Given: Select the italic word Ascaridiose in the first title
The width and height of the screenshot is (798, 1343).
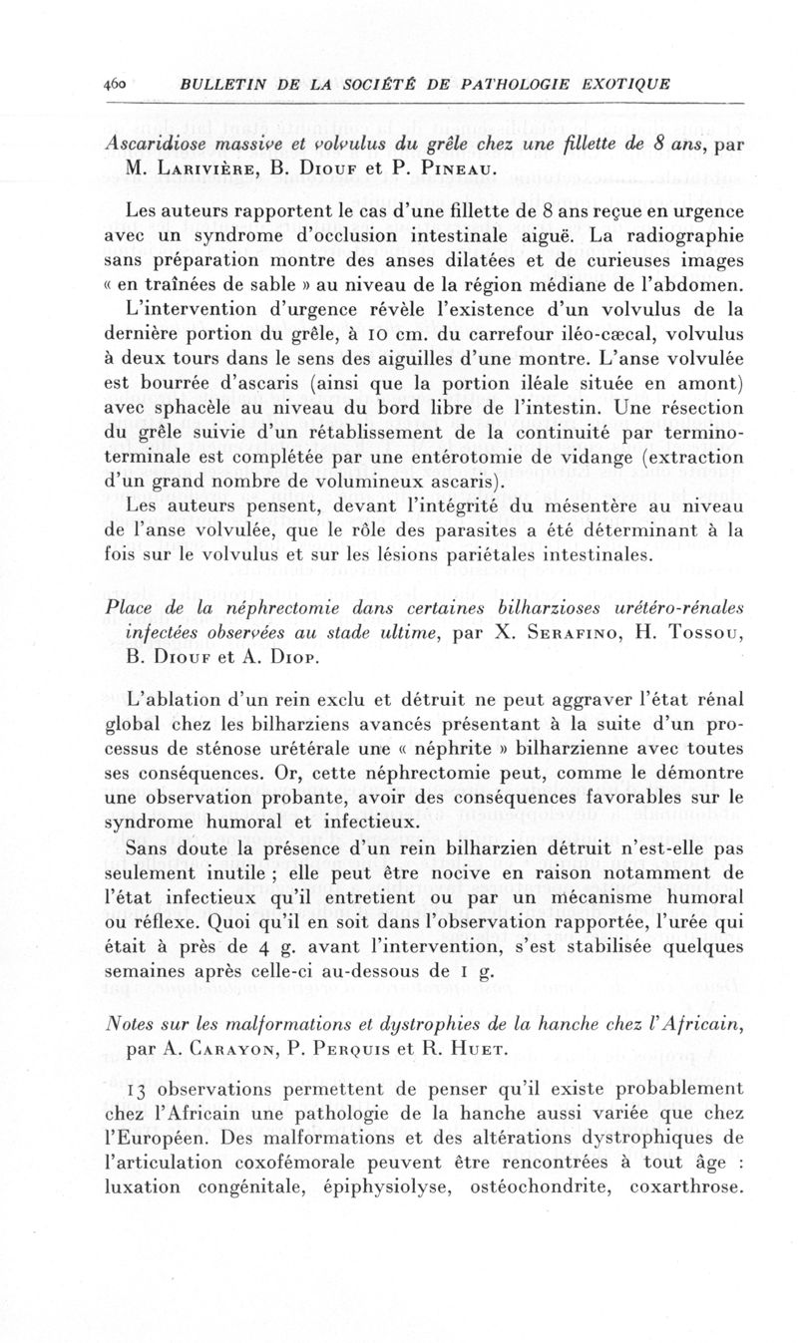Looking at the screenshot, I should tap(158, 143).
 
